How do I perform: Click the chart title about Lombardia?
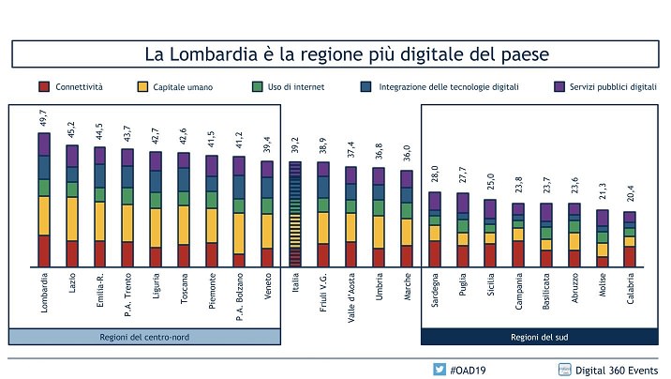(x=339, y=53)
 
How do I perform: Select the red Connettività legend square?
(x=43, y=87)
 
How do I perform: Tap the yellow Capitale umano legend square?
(x=143, y=87)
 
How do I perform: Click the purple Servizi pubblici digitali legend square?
(x=559, y=87)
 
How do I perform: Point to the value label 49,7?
(x=43, y=117)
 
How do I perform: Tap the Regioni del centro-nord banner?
(x=144, y=337)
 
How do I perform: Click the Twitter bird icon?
(x=439, y=369)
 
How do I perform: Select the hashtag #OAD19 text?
(x=468, y=369)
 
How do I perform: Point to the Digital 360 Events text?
(x=615, y=369)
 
